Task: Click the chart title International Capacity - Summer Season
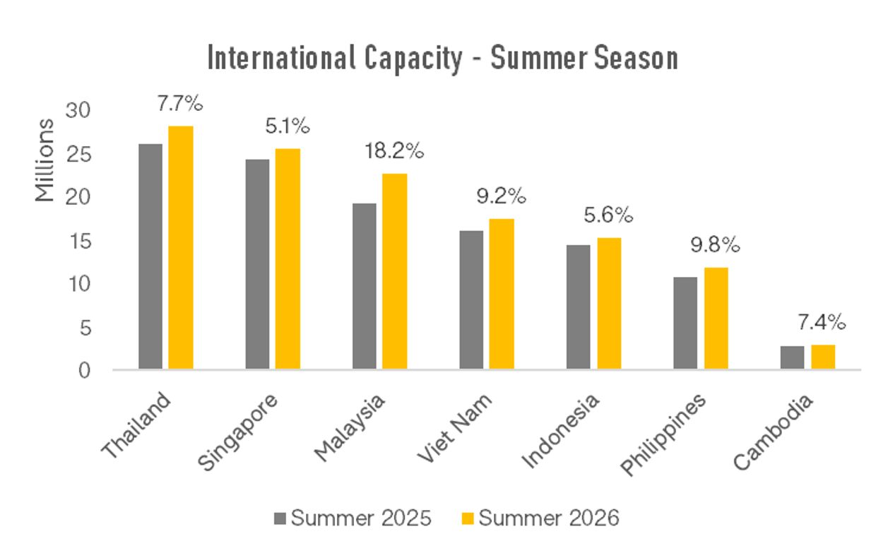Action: (x=443, y=59)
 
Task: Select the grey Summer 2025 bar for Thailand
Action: (x=150, y=256)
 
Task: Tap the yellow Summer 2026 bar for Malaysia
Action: (x=395, y=271)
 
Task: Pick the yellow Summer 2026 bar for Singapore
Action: (x=288, y=259)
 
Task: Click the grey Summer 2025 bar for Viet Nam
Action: (x=471, y=299)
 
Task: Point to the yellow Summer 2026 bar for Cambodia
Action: (x=823, y=357)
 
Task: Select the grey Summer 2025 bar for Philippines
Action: (x=685, y=322)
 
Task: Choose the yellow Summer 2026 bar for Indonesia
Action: (x=609, y=303)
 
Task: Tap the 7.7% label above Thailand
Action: (x=180, y=104)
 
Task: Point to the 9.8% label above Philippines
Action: (x=716, y=245)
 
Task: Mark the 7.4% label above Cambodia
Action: (x=822, y=323)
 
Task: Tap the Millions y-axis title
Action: (x=45, y=160)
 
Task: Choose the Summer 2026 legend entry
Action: (x=540, y=518)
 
